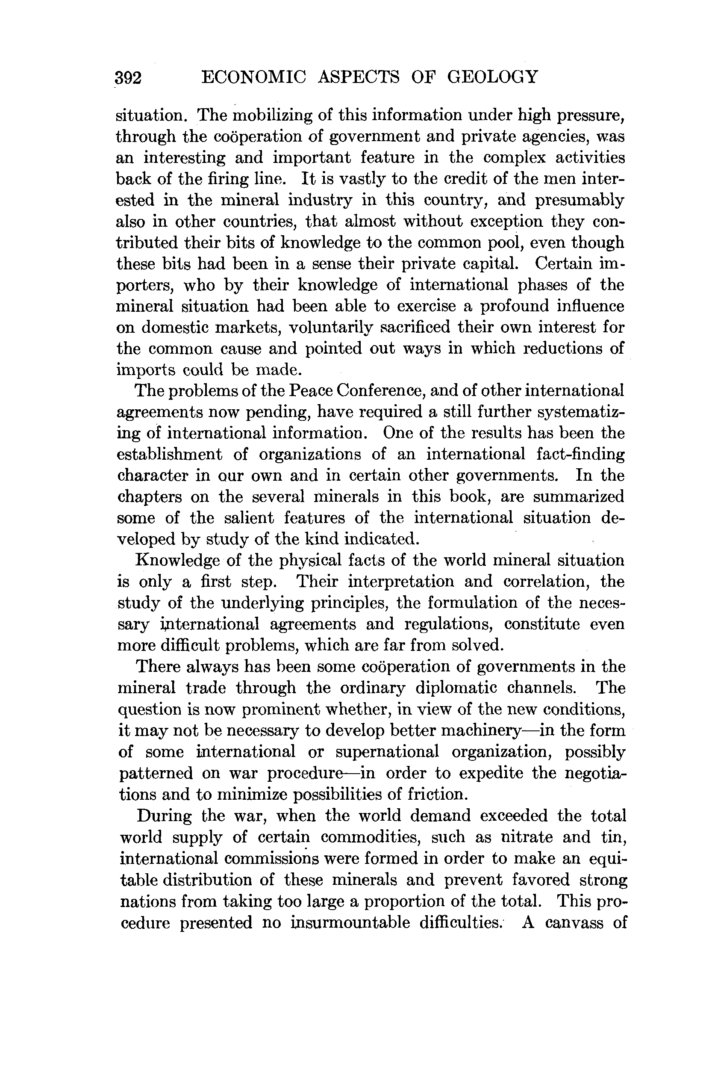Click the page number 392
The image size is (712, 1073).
point(129,78)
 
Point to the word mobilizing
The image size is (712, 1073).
point(273,116)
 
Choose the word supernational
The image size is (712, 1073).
point(387,752)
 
